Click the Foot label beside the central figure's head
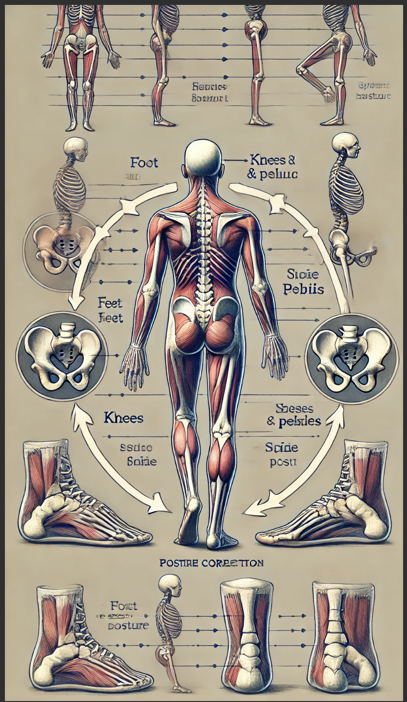click(144, 162)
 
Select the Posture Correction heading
click(212, 563)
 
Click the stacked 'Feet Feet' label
click(110, 311)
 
